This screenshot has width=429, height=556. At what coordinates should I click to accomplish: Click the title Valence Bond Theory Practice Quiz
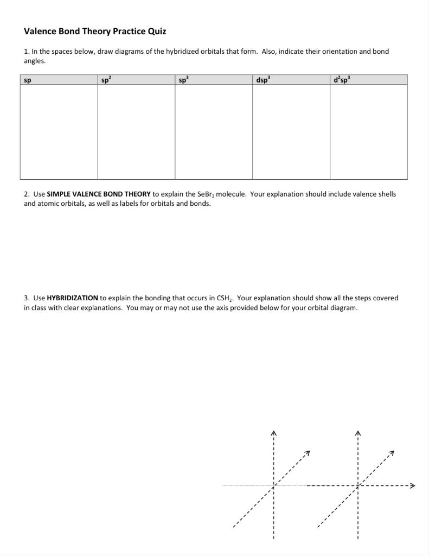[x=95, y=31]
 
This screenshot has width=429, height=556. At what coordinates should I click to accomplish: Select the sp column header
[x=27, y=80]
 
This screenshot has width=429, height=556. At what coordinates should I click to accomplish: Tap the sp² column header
[x=106, y=80]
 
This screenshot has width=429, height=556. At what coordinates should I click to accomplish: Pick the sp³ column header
[x=183, y=80]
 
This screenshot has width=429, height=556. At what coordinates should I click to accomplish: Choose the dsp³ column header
[x=262, y=80]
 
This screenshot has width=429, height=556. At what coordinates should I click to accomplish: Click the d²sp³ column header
[x=342, y=80]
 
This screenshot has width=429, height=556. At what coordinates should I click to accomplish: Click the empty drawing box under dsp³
[x=291, y=132]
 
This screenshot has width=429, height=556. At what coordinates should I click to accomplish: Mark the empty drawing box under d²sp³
[x=368, y=132]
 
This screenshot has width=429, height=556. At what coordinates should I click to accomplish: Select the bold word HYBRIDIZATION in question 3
[x=72, y=298]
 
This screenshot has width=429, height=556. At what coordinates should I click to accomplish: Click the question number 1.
[x=26, y=52]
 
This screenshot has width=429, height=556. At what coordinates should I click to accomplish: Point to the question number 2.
[x=26, y=194]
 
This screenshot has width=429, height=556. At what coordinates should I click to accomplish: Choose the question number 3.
[x=26, y=298]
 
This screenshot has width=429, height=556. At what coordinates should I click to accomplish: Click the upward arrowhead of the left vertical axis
[x=274, y=433]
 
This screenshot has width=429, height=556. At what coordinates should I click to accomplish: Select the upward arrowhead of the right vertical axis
[x=358, y=433]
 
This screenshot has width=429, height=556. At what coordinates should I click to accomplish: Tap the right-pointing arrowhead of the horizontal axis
[x=412, y=485]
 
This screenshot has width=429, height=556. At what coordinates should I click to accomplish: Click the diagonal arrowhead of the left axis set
[x=308, y=452]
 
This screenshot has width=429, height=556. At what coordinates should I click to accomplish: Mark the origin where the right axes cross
[x=358, y=485]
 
